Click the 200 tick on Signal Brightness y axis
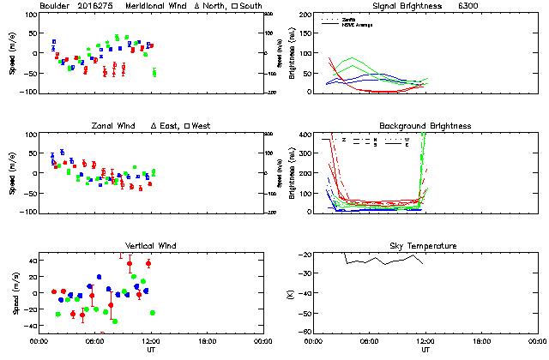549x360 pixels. coord(306,15)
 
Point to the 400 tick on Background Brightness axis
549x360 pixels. coord(306,135)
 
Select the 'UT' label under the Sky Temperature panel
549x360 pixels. coord(425,350)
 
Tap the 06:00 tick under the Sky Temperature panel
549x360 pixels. coord(370,341)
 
